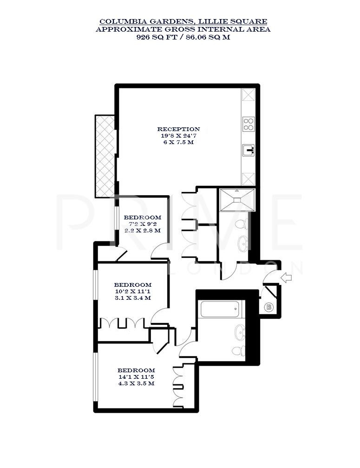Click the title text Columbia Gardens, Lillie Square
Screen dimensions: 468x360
183,21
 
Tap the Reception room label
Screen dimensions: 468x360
178,129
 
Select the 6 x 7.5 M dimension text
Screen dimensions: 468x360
178,142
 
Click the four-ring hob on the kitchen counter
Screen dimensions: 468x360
249,124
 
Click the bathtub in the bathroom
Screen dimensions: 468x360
221,309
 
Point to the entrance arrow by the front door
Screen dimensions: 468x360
287,278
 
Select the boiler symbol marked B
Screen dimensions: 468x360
268,307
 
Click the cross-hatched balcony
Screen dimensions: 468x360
105,156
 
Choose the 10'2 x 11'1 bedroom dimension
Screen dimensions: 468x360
133,291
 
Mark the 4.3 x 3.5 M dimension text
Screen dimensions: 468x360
136,384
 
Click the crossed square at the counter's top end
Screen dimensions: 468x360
249,95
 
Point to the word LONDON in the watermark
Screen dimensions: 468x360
237,268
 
